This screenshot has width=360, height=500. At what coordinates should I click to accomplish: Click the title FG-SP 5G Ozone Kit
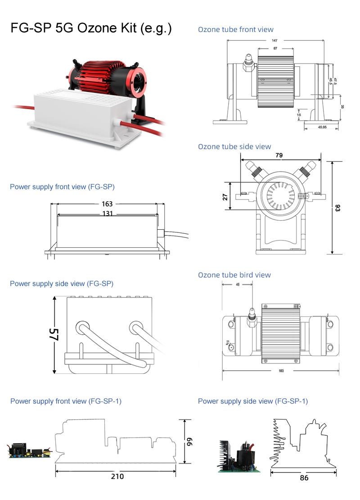point(91,29)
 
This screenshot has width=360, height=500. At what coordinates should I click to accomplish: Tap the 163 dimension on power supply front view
point(107,204)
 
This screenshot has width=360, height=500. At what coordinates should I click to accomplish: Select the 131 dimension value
point(107,214)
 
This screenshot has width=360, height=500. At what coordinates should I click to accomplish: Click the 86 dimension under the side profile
point(304,477)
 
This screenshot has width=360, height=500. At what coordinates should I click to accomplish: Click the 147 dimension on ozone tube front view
point(274,41)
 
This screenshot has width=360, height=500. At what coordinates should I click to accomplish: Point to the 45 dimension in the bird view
point(238,285)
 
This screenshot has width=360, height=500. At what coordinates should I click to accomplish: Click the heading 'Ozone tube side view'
point(234,146)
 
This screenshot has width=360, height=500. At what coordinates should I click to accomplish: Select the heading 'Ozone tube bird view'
point(234,275)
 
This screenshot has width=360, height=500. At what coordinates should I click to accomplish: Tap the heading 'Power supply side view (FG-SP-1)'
point(253,401)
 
